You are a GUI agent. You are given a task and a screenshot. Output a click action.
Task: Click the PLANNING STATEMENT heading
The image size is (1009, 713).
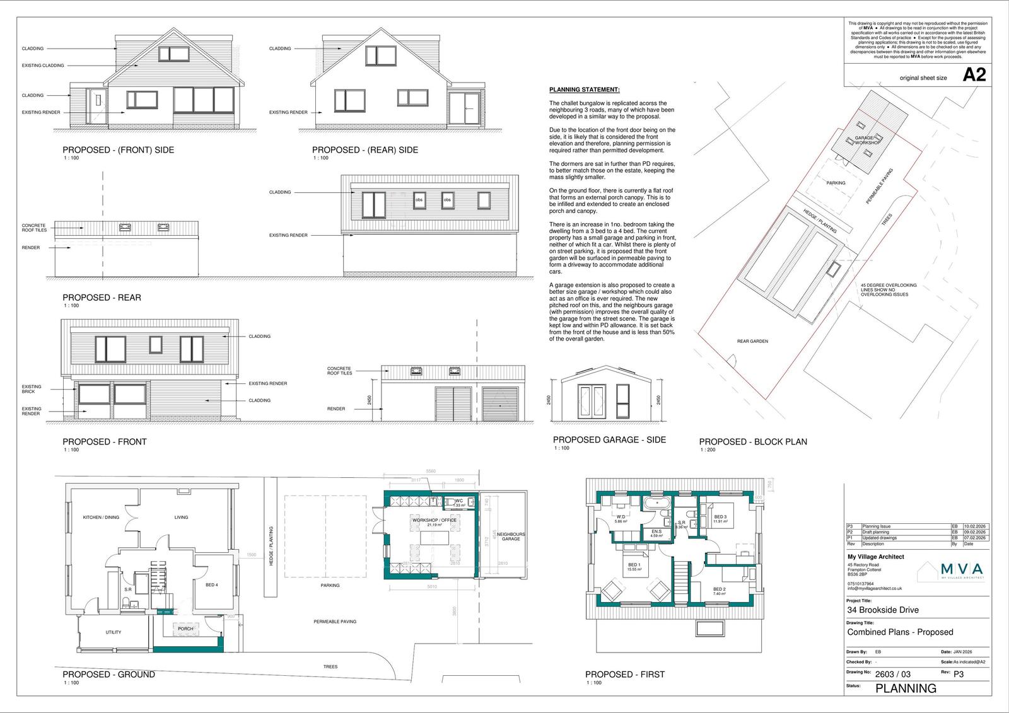pyautogui.click(x=584, y=90)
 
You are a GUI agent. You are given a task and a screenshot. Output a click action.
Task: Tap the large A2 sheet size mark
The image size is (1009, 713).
pyautogui.click(x=974, y=76)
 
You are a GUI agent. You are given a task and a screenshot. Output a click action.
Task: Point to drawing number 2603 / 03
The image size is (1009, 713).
pyautogui.click(x=893, y=674)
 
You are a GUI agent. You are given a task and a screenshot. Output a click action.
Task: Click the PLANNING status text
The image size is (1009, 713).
pyautogui.click(x=906, y=688)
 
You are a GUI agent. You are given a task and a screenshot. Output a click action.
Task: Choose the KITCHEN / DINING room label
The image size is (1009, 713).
pyautogui.click(x=101, y=518)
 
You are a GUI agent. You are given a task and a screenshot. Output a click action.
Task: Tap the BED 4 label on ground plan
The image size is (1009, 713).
pyautogui.click(x=212, y=585)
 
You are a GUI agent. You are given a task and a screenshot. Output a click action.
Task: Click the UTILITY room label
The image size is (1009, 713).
pyautogui.click(x=114, y=632)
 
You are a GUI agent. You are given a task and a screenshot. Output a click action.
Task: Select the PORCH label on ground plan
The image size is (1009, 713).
pyautogui.click(x=185, y=629)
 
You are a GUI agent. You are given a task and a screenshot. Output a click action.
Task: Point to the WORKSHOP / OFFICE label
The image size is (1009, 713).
pyautogui.click(x=434, y=521)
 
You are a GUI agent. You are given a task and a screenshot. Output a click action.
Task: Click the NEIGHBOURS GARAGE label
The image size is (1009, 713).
pyautogui.click(x=511, y=536)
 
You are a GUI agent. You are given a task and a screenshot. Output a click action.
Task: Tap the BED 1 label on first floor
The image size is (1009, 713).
pyautogui.click(x=634, y=565)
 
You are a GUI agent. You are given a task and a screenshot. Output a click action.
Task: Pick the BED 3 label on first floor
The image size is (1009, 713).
pyautogui.click(x=720, y=517)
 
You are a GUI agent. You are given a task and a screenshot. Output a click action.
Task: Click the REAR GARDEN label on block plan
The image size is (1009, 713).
pyautogui.click(x=752, y=341)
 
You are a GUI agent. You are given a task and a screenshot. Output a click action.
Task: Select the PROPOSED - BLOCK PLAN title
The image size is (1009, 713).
pyautogui.click(x=752, y=442)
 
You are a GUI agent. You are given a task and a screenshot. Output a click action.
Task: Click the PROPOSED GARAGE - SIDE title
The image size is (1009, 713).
pyautogui.click(x=609, y=439)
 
